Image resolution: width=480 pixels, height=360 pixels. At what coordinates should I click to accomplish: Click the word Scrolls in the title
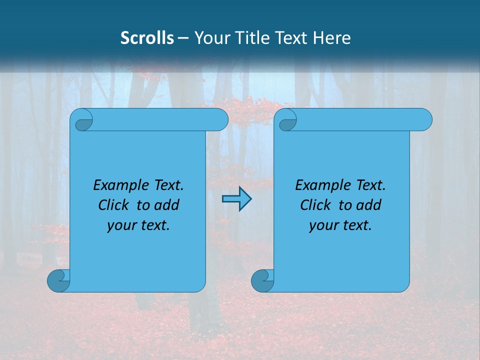[x=147, y=38]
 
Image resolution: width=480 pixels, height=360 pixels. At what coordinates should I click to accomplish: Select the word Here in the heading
[x=332, y=38]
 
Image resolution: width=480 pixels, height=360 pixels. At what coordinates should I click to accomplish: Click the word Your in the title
[x=210, y=38]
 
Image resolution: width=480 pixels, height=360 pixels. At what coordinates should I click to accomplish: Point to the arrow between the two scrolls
[x=236, y=199]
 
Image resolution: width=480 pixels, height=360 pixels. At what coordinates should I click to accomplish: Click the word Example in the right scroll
[x=321, y=185]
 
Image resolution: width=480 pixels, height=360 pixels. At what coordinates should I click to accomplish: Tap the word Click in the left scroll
[x=113, y=205]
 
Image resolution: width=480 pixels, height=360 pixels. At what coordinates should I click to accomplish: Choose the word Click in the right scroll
[x=315, y=205]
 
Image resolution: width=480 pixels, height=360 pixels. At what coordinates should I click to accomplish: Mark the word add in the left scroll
[x=167, y=205]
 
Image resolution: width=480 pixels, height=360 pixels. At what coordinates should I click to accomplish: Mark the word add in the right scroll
[x=369, y=205]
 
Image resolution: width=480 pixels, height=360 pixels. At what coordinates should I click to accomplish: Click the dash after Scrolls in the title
[x=183, y=38]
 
